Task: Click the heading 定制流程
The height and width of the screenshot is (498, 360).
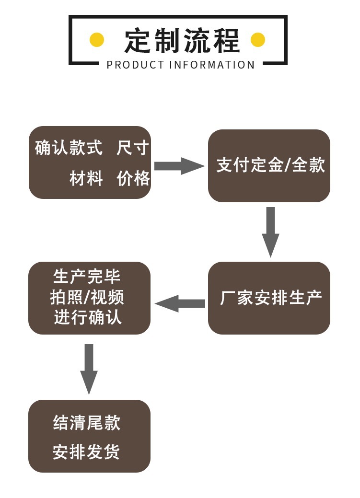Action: [x=181, y=40]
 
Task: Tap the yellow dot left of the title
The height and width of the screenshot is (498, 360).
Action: [x=97, y=40]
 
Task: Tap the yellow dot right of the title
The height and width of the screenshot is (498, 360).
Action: [x=258, y=40]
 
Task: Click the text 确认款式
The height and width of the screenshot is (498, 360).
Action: [x=69, y=148]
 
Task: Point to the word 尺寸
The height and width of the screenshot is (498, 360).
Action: [x=133, y=148]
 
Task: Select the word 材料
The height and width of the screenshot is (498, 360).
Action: [x=86, y=179]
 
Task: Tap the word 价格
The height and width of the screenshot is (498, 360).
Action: [x=133, y=179]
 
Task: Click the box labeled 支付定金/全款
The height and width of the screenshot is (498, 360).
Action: [x=269, y=165]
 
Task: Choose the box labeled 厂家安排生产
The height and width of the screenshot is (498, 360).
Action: [x=269, y=298]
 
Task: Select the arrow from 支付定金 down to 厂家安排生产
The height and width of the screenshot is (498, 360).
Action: [x=270, y=231]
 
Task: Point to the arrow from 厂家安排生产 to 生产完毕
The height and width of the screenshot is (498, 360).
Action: [x=180, y=303]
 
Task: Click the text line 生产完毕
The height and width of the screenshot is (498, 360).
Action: [x=87, y=277]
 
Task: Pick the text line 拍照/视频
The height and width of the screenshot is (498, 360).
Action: [x=87, y=297]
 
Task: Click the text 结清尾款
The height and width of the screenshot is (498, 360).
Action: [x=87, y=423]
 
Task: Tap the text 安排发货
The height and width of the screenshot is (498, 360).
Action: [x=87, y=452]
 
